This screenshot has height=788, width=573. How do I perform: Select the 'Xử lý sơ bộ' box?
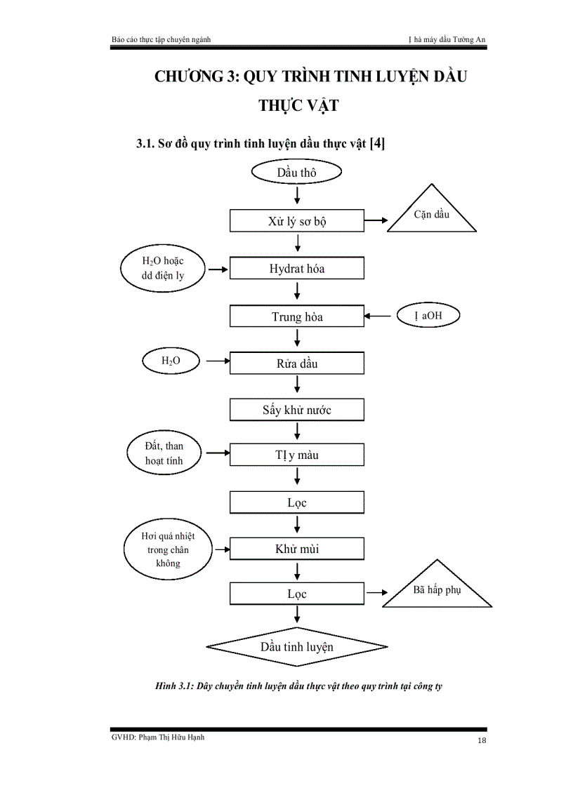(x=296, y=222)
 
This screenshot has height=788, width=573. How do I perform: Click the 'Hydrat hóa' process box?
(x=296, y=269)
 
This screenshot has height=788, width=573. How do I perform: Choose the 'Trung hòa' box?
(x=296, y=316)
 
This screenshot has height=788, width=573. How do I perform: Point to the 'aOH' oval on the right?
(x=428, y=316)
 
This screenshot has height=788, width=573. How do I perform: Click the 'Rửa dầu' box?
(x=296, y=363)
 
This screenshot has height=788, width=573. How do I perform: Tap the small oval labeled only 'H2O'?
(x=171, y=361)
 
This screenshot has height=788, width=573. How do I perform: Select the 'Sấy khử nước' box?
(x=296, y=410)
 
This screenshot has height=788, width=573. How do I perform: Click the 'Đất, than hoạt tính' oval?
(x=164, y=453)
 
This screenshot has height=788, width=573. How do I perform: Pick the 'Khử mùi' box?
(x=296, y=549)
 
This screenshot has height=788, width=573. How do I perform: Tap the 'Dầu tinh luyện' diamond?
(x=296, y=646)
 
